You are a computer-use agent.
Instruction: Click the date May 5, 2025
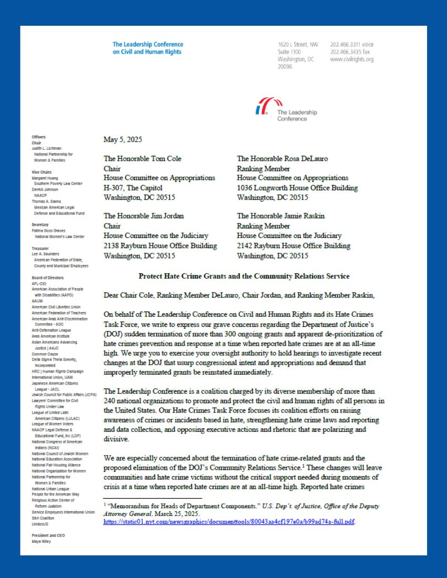tap(123, 140)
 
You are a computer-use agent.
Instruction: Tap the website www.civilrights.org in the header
tap(352, 59)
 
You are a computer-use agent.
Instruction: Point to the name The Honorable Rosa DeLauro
tap(278, 158)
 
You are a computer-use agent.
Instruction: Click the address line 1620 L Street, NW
tap(298, 45)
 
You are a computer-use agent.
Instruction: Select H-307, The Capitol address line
tap(133, 188)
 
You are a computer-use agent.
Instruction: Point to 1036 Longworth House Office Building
tap(297, 188)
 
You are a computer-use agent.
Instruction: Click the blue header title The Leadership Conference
tap(148, 45)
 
